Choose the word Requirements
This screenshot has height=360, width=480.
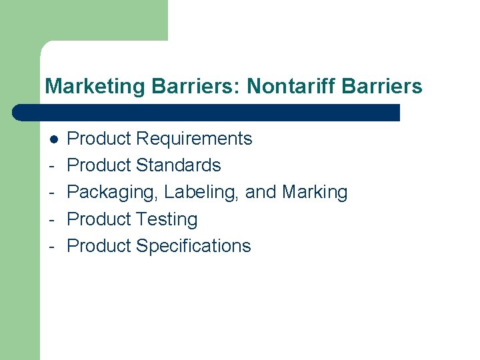point(194,139)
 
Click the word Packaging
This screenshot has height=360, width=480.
point(113,193)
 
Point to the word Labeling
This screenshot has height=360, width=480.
point(202,193)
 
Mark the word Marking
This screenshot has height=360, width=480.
point(315,193)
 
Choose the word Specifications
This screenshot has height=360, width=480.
point(193,246)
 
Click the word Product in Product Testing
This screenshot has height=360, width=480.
point(99,219)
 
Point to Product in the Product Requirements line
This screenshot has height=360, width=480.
point(99,139)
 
